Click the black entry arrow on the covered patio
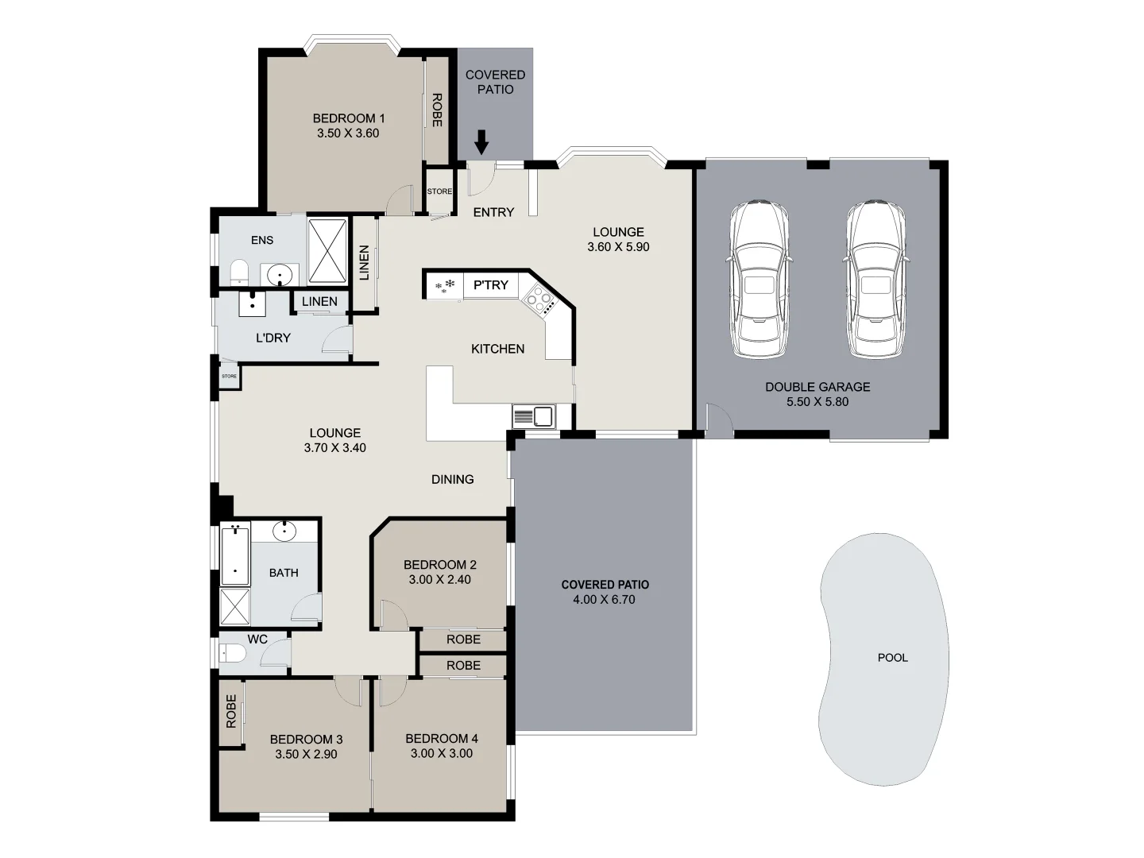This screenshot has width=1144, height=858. [x=481, y=143]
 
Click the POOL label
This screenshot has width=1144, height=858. [x=892, y=658]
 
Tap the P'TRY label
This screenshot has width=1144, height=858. [x=490, y=285]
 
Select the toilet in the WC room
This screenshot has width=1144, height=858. [x=233, y=653]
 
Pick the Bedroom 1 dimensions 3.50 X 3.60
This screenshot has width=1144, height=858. [x=348, y=133]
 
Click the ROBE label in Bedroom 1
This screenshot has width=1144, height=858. [x=436, y=110]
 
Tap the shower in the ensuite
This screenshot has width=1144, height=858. [x=327, y=250]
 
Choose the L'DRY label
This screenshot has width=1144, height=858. [x=272, y=338]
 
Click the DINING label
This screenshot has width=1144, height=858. [x=452, y=479]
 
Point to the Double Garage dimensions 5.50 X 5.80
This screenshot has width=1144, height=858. [x=817, y=402]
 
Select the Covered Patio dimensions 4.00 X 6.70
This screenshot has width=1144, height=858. [x=604, y=600]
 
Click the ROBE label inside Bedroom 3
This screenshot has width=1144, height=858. [x=231, y=711]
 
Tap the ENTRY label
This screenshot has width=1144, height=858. [x=493, y=212]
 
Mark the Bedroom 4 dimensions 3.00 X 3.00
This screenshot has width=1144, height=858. [x=441, y=754]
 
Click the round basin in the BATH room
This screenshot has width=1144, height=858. [x=284, y=531]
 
